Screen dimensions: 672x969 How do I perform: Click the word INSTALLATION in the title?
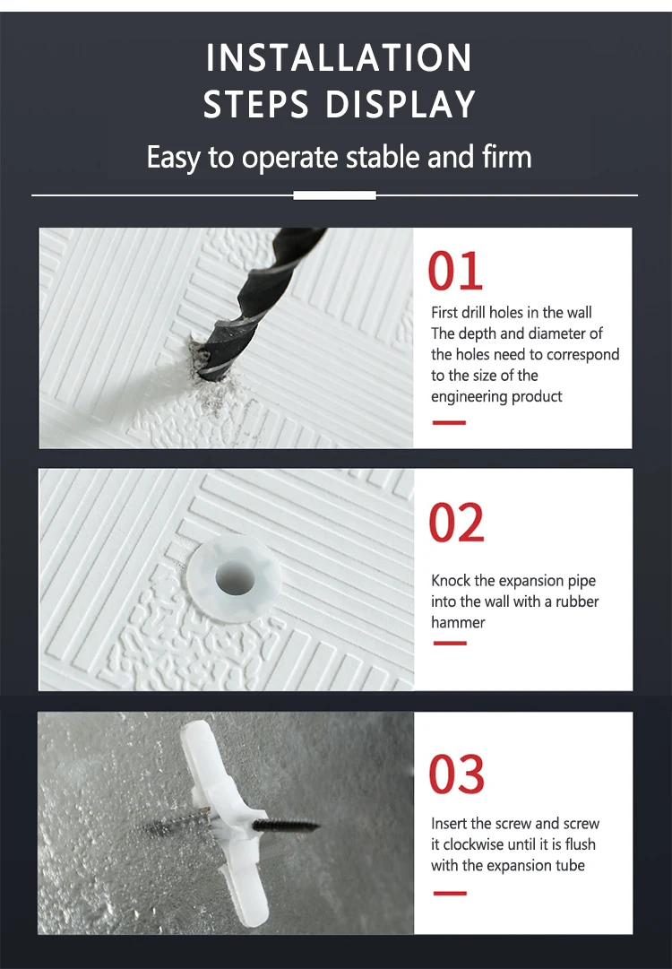339,57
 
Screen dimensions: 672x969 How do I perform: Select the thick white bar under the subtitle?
335,195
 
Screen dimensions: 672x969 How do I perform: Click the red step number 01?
455,271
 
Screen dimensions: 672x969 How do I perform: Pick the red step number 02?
456,523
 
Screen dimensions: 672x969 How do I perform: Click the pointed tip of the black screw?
317,825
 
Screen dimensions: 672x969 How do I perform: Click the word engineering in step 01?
467,397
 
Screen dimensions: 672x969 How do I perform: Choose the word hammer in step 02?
458,622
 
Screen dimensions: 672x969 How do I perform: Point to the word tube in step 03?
570,866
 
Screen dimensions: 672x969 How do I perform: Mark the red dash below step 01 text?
449,423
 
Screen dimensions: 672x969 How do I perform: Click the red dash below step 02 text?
450,644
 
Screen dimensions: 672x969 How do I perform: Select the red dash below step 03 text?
450,894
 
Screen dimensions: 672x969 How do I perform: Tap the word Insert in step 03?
449,824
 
